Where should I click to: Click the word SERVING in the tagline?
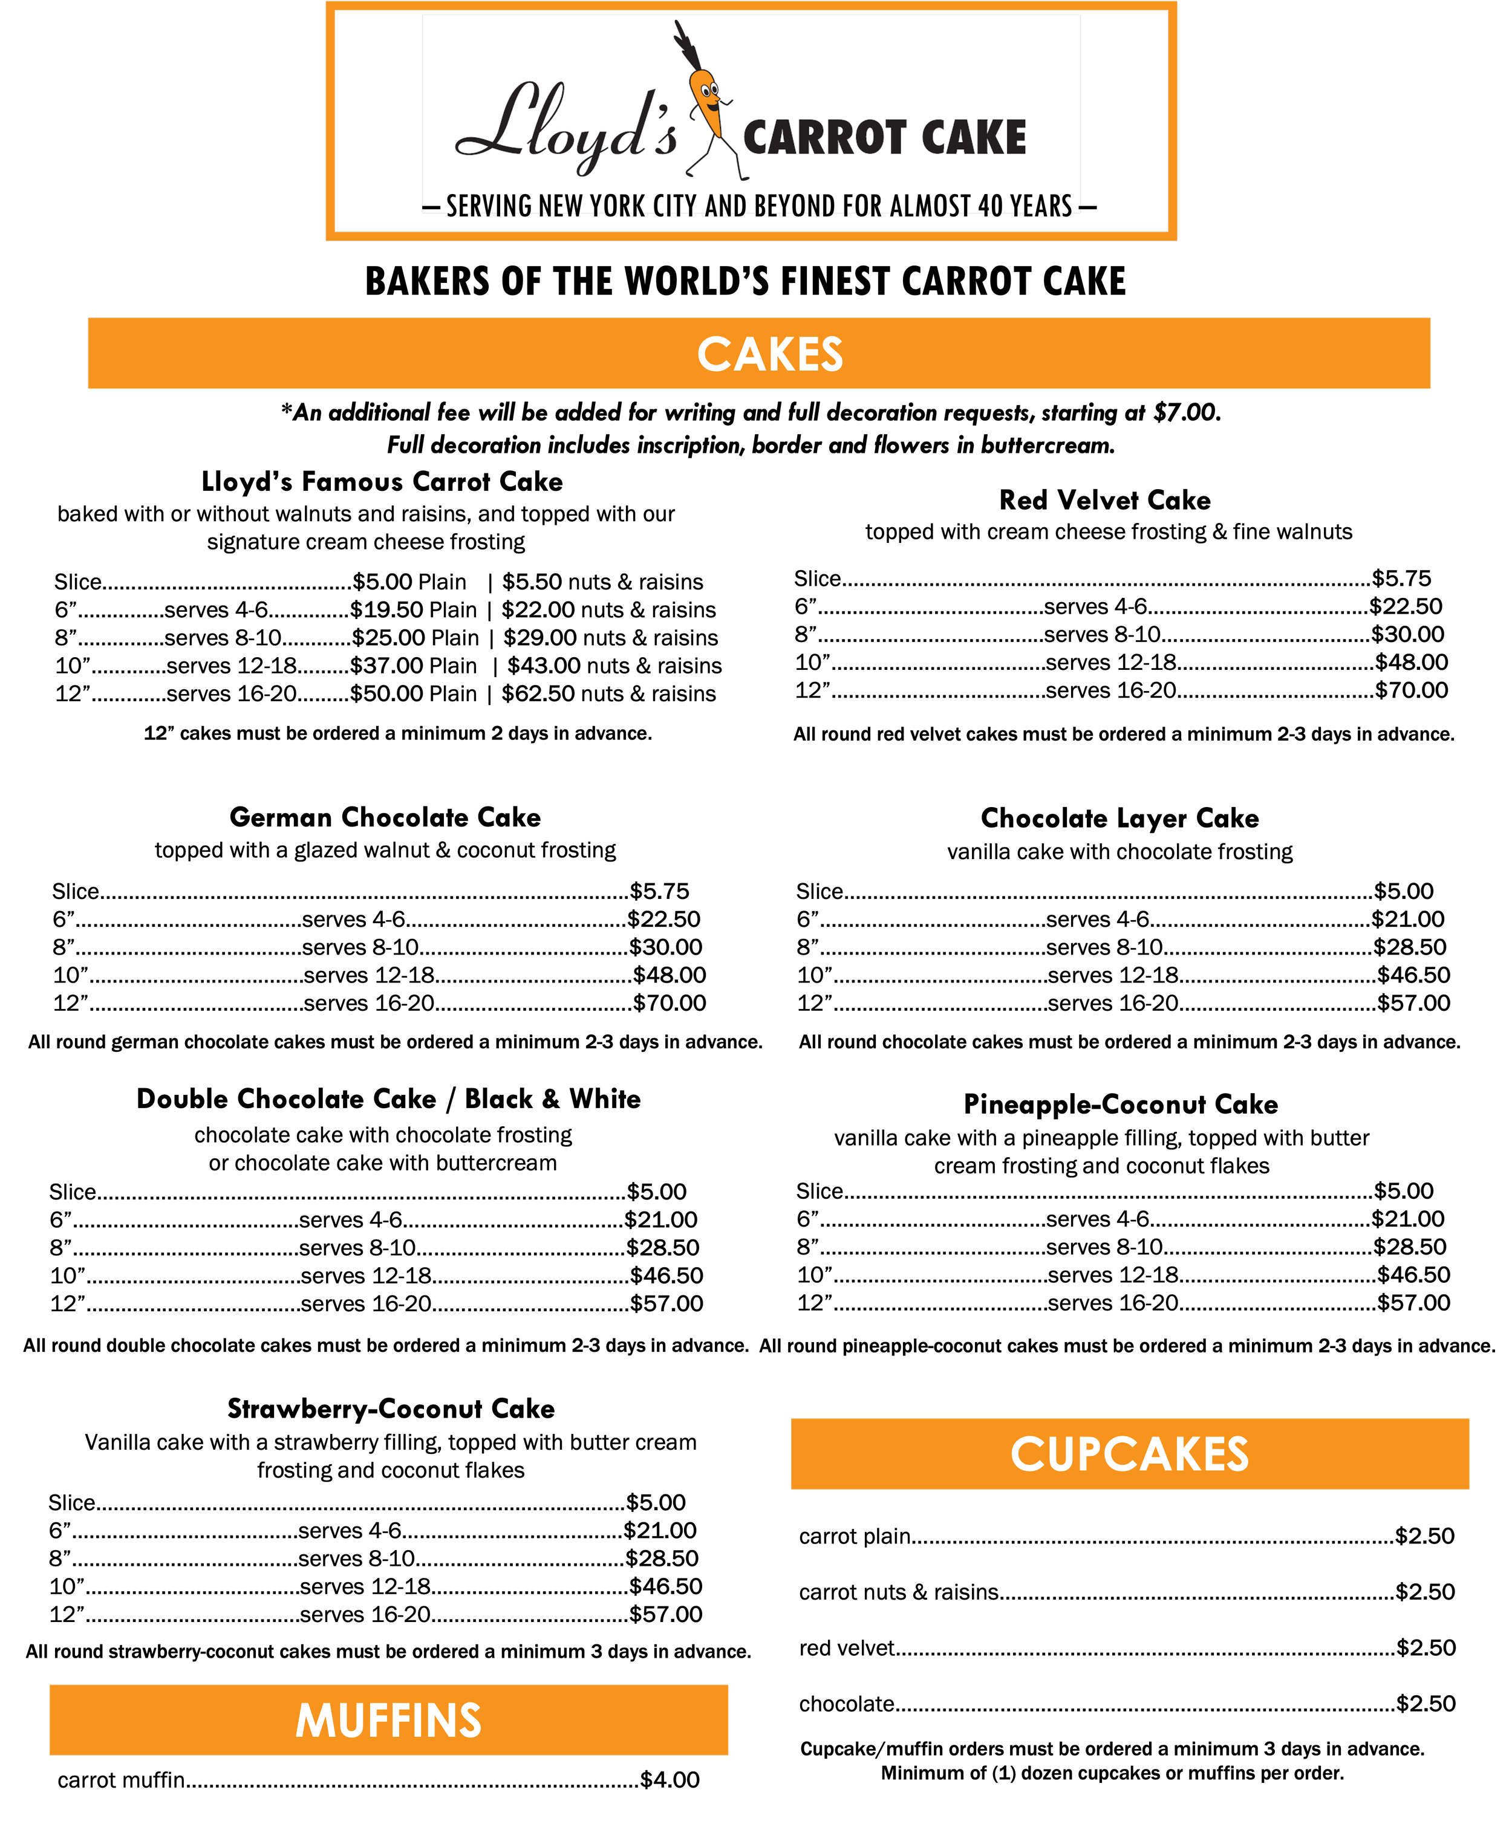(x=489, y=206)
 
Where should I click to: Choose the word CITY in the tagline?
(x=674, y=206)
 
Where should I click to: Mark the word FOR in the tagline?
(x=862, y=206)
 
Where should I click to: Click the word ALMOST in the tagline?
(x=930, y=206)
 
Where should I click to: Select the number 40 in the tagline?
(x=989, y=206)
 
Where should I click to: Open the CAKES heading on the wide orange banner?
(x=770, y=354)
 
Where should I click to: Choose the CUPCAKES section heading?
(x=1130, y=1455)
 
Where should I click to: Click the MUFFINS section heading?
(x=388, y=1721)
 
